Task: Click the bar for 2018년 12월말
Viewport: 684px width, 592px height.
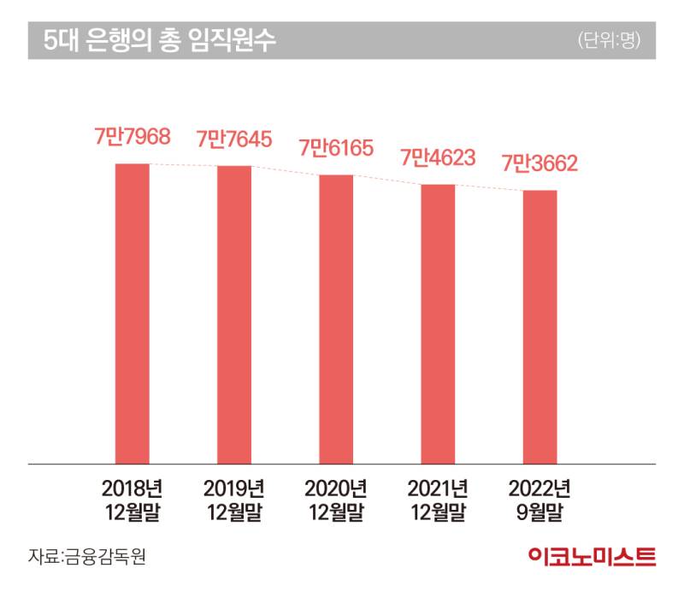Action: (x=132, y=313)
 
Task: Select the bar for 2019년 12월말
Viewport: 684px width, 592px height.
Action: (x=233, y=315)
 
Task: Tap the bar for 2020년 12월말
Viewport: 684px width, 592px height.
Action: (x=336, y=319)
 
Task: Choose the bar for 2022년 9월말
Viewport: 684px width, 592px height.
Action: (x=540, y=327)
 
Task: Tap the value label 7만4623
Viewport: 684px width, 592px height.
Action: (x=438, y=157)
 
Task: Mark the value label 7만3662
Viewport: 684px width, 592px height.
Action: (x=540, y=163)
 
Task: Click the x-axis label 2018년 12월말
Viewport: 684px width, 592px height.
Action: (x=132, y=500)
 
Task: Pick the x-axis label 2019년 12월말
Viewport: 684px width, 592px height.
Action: (x=233, y=500)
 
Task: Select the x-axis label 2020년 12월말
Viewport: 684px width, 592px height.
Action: (x=336, y=500)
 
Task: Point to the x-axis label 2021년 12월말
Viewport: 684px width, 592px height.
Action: (x=438, y=500)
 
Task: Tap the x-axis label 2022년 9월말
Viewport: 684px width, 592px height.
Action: (x=540, y=500)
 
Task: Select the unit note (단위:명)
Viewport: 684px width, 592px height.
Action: (x=609, y=40)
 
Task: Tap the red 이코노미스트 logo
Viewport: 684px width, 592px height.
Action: (x=593, y=557)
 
